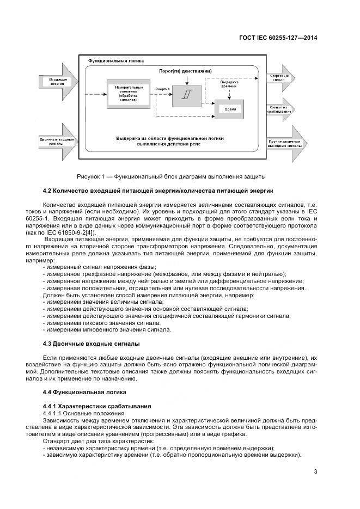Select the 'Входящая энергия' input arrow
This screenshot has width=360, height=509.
click(54, 82)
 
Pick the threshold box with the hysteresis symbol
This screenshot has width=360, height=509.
click(187, 95)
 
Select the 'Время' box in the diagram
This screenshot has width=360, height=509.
click(230, 109)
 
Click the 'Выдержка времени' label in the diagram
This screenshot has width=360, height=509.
click(229, 84)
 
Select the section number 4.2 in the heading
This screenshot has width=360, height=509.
click(47, 190)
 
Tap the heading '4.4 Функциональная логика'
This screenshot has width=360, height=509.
click(84, 392)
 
